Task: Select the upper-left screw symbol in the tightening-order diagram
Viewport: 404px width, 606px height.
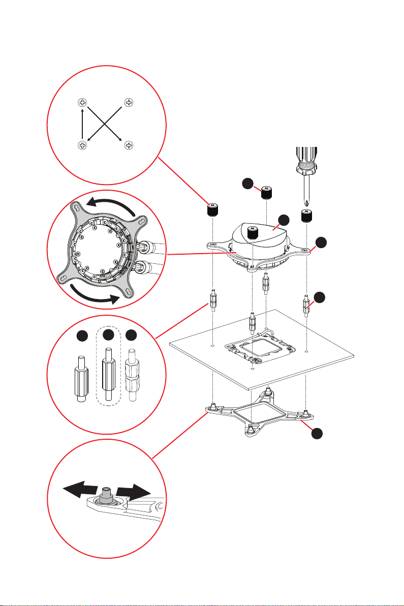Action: (83, 102)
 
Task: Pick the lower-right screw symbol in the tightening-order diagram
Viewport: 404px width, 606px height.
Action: (129, 146)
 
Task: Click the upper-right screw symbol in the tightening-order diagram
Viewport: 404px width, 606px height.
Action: (129, 102)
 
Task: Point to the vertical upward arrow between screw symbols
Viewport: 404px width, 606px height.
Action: (83, 125)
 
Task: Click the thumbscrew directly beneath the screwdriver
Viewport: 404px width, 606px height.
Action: (306, 215)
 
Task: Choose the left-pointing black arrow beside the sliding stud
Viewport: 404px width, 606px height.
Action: (79, 491)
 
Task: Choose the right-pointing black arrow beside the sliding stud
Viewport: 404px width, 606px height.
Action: (133, 492)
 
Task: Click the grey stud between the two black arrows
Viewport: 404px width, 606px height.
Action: (106, 493)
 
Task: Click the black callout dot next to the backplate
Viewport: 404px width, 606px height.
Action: (317, 433)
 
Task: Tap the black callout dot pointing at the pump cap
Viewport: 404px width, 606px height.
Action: (284, 220)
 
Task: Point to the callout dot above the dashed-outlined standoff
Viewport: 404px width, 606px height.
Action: (107, 335)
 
